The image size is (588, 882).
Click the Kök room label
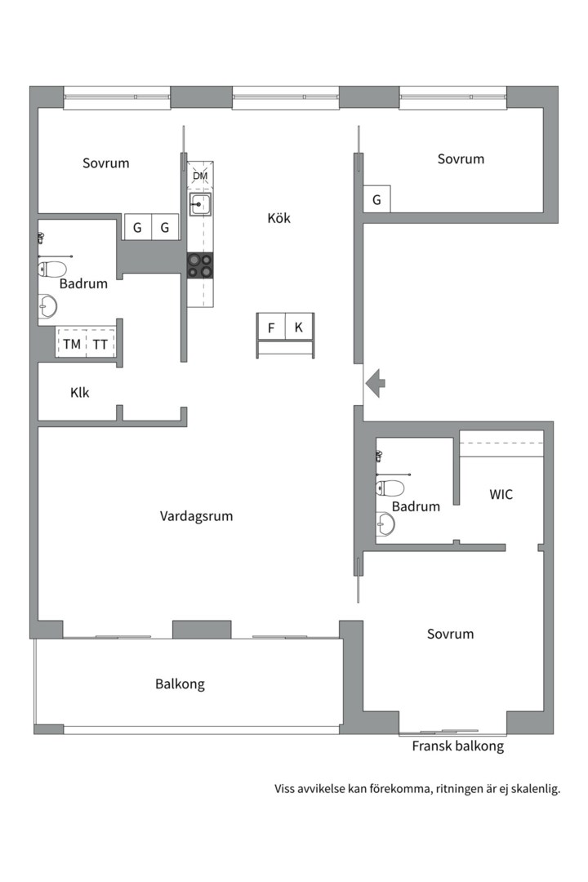[x=278, y=218]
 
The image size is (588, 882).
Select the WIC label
[x=501, y=494]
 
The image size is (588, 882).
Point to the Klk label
[x=80, y=393]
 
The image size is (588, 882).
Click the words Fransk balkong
[x=457, y=746]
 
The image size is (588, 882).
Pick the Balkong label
[x=180, y=684]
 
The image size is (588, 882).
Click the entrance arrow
[x=375, y=382]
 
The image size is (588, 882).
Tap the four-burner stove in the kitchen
[x=200, y=265]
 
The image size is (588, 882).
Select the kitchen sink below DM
[x=200, y=204]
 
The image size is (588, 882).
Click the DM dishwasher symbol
[x=200, y=176]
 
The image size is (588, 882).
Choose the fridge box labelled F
[x=271, y=327]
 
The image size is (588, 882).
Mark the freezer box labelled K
[x=299, y=327]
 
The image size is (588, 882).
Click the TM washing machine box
[x=72, y=345]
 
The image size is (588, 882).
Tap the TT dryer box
[x=100, y=345]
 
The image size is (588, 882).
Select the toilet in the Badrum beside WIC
[x=390, y=488]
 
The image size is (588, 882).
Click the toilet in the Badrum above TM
[x=52, y=269]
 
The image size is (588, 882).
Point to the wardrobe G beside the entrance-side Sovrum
[x=376, y=200]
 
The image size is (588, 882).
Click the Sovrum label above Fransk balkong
[x=450, y=635]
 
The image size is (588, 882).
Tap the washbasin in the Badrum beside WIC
[x=384, y=523]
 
